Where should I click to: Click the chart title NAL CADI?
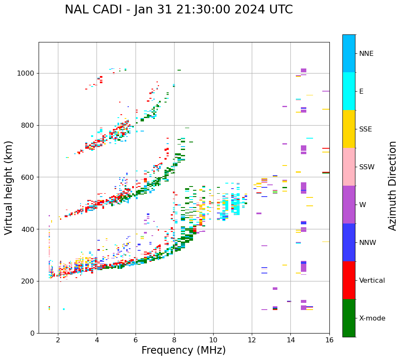[178, 10]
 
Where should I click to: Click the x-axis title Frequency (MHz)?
[183, 350]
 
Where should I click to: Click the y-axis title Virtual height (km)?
[9, 188]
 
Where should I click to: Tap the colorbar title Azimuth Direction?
[392, 186]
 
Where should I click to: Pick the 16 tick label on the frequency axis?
[329, 340]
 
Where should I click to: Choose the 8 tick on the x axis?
[174, 340]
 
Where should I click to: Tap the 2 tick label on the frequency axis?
[58, 340]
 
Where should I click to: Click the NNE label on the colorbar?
[366, 54]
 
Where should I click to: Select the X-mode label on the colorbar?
[372, 318]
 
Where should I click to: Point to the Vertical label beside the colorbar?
[372, 281]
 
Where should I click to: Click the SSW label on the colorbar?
[367, 167]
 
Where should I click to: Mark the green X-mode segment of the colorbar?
[349, 318]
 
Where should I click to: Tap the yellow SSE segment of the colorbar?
[349, 129]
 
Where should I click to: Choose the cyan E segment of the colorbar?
[349, 91]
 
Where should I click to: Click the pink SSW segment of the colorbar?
[349, 167]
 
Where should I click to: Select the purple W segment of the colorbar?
[349, 205]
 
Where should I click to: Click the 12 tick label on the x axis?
[252, 340]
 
